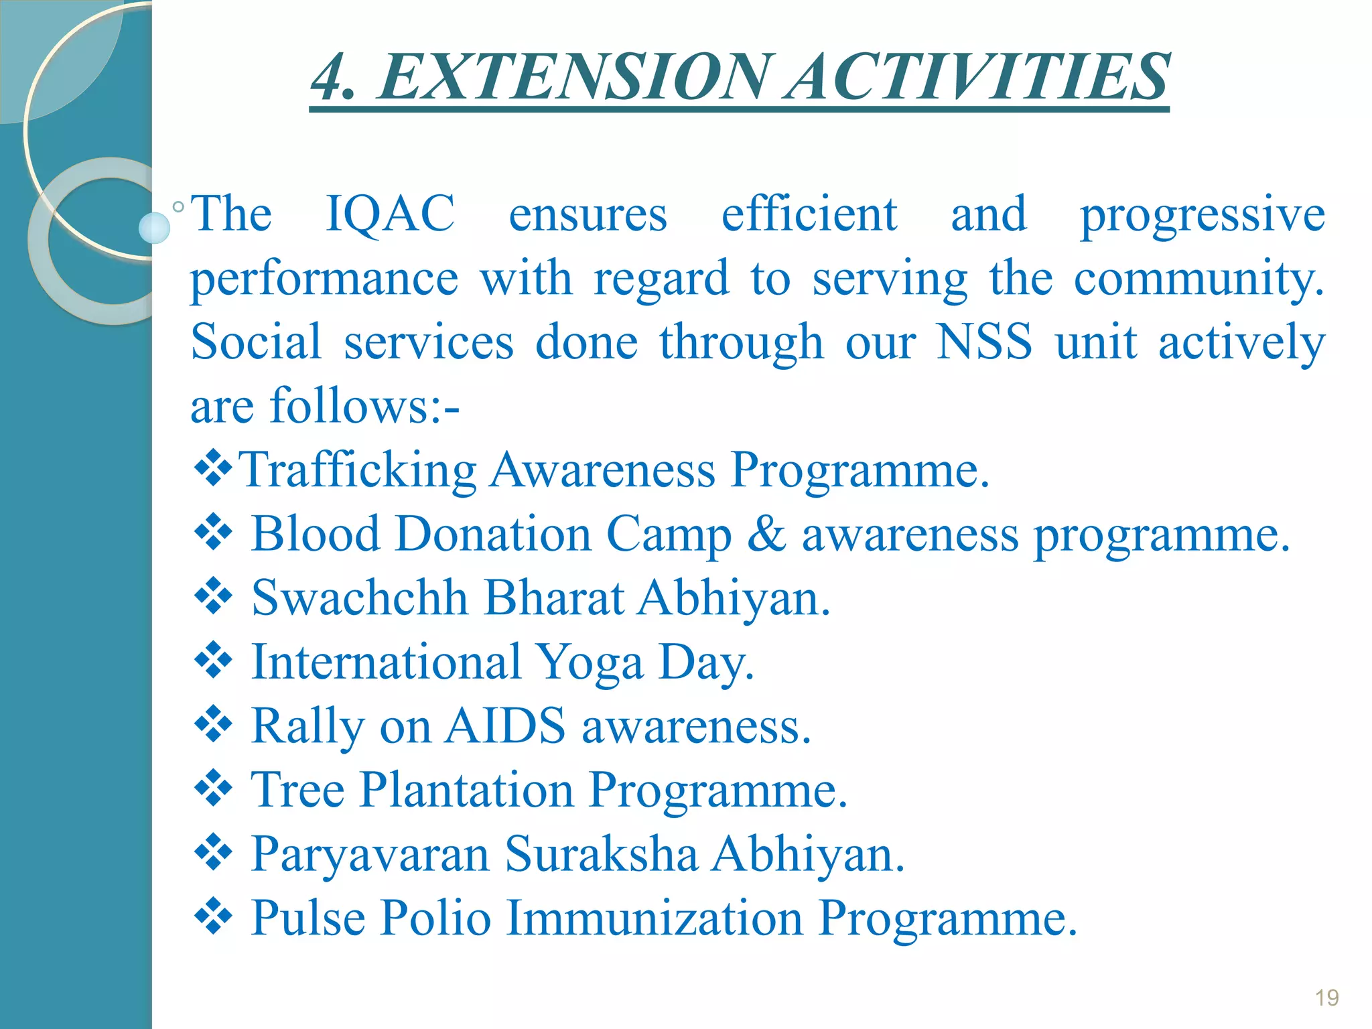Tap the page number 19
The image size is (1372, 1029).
point(1326,998)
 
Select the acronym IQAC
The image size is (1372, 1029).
point(390,214)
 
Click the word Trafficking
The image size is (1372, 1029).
point(358,471)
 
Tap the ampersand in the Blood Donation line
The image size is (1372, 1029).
point(766,535)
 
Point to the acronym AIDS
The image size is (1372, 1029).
point(505,726)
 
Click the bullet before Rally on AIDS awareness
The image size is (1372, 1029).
point(213,725)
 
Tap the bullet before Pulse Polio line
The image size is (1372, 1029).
point(213,916)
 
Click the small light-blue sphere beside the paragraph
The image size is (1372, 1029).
point(155,228)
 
